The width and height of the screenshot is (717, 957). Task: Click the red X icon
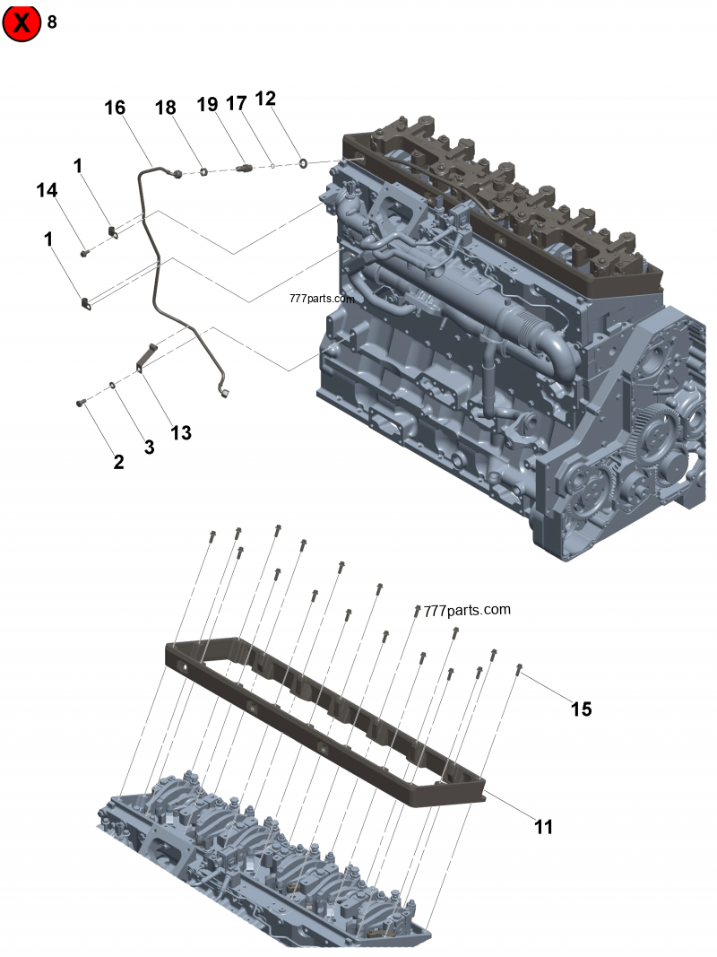(x=22, y=22)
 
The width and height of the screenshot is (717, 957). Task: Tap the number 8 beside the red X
(x=52, y=22)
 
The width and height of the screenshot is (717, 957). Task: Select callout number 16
(x=115, y=108)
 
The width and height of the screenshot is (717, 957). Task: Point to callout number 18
(x=165, y=108)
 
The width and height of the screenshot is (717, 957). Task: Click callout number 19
(x=207, y=104)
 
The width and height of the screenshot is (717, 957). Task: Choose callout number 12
(x=265, y=99)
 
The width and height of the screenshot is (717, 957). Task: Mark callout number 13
(x=181, y=432)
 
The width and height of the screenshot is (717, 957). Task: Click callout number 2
(x=118, y=462)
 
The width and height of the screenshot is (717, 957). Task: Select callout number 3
(x=149, y=447)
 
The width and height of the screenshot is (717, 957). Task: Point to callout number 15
(x=581, y=709)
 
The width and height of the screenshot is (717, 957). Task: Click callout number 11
(x=544, y=827)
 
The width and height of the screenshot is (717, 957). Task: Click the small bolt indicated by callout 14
(x=83, y=254)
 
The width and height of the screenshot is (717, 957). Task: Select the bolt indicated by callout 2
(x=81, y=404)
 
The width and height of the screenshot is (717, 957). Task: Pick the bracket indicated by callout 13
(x=144, y=357)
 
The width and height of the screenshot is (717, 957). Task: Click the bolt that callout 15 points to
(x=520, y=668)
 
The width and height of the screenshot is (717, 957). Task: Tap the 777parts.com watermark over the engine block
(x=322, y=299)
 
